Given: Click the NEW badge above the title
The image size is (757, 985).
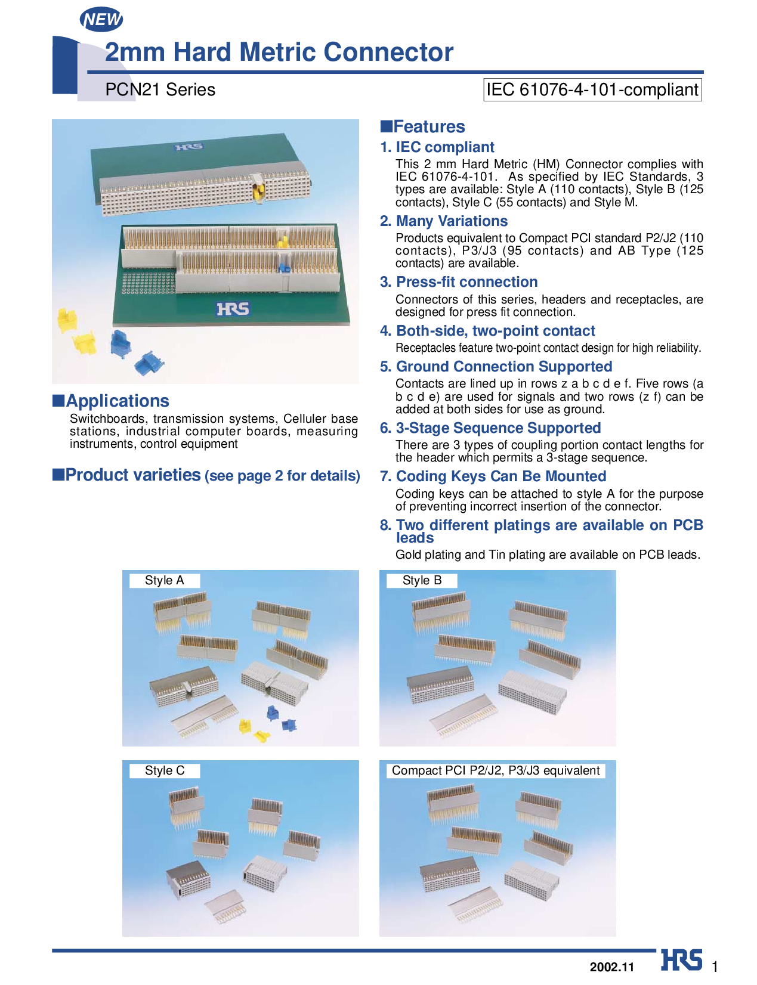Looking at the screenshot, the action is (x=101, y=20).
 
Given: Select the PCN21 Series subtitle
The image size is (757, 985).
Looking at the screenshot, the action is (x=160, y=89).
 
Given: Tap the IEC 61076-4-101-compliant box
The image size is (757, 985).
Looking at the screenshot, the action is (x=592, y=89).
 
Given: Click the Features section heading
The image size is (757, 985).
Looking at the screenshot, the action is (x=422, y=126).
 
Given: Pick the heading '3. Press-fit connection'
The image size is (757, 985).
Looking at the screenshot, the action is (x=459, y=281).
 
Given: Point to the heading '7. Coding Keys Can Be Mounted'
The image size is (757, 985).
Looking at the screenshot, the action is (x=493, y=476).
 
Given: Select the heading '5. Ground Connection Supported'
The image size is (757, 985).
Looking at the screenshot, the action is (x=496, y=366).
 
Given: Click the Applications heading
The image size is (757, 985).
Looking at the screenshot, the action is (x=111, y=401).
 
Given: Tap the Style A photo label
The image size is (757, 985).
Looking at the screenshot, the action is (x=165, y=580).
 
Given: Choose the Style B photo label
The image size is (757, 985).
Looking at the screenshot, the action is (x=422, y=580).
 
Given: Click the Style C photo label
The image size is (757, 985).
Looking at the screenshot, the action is (x=165, y=770).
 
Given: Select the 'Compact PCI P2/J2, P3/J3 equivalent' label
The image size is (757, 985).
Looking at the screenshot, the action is (x=496, y=770).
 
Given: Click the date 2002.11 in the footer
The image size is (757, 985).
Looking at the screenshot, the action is (x=612, y=967).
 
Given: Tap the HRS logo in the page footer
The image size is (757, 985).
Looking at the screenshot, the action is (x=681, y=959).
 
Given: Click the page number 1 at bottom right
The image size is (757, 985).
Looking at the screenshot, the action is (x=715, y=967).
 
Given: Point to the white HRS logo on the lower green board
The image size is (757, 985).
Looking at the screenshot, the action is (x=233, y=309).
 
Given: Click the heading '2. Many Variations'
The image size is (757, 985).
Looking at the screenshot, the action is (x=444, y=221).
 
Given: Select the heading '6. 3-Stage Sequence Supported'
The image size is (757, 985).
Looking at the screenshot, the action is (x=490, y=428).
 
